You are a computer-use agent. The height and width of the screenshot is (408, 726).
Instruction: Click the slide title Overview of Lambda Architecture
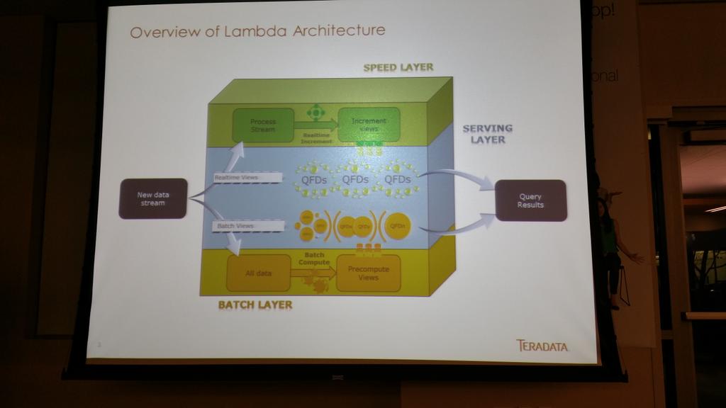[258, 31]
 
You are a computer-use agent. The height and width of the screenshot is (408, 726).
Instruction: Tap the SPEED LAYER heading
[398, 67]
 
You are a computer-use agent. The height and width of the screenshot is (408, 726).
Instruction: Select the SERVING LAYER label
[487, 134]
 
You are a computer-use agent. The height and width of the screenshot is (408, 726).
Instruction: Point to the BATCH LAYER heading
[255, 305]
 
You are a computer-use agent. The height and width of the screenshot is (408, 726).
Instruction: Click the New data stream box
[153, 198]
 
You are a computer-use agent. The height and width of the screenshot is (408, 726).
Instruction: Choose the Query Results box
[530, 200]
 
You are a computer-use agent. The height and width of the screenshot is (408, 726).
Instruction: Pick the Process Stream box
[263, 125]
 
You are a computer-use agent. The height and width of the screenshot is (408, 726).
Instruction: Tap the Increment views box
[369, 124]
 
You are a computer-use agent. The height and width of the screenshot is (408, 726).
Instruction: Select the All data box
[258, 273]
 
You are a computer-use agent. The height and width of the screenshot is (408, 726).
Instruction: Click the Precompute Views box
[368, 273]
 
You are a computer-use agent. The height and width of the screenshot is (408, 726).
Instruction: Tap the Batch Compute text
[313, 259]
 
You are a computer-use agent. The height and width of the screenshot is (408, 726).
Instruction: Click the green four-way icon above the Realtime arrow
[315, 112]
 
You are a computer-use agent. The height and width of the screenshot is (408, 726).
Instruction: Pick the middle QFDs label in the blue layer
[355, 180]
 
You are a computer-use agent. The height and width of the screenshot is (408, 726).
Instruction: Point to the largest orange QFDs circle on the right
[398, 225]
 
